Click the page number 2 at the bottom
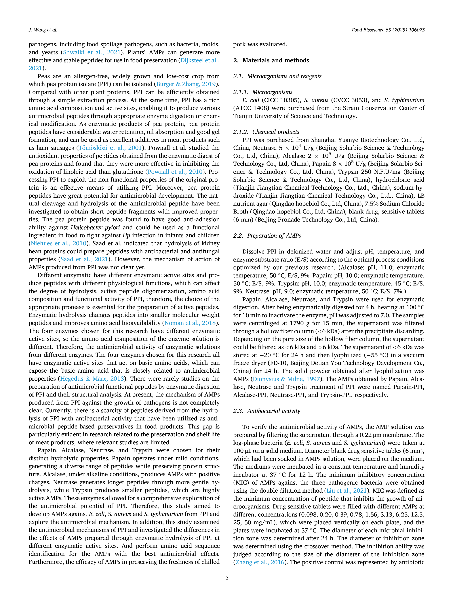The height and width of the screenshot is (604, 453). coord(226,578)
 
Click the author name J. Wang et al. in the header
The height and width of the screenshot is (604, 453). coord(43,30)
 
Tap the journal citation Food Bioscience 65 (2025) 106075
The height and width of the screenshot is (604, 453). coord(388,30)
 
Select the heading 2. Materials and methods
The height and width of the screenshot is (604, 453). coord(271,60)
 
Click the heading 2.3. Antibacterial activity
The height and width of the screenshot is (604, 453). coord(267,411)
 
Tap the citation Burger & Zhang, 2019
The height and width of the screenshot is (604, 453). coord(186,84)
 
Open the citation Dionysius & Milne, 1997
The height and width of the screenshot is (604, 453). coord(286,379)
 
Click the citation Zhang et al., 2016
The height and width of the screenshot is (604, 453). coord(260,562)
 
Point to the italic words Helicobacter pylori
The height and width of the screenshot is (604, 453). coord(95,227)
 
